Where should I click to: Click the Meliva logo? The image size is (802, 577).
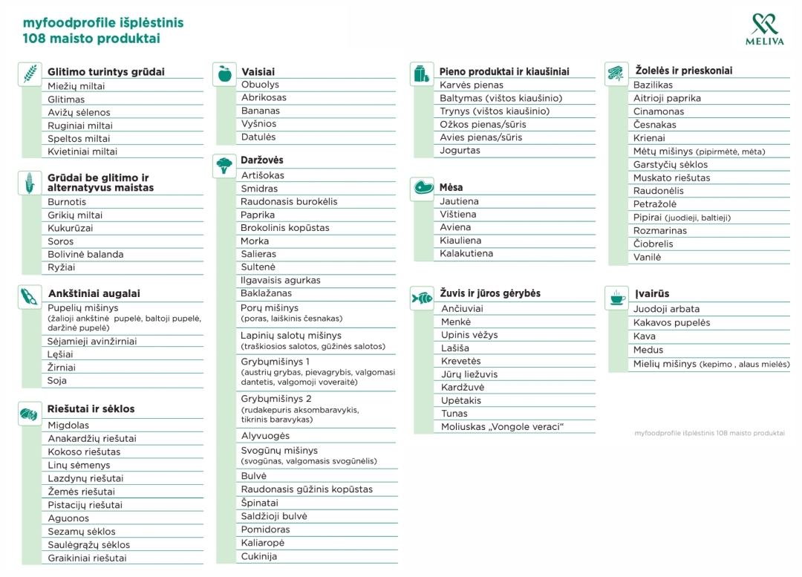tap(764, 29)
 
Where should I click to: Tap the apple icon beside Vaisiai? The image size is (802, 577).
tap(224, 74)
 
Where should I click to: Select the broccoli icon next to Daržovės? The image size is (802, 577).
tap(224, 165)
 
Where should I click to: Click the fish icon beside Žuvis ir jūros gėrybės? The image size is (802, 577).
tap(422, 298)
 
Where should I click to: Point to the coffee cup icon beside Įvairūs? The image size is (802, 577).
tap(616, 297)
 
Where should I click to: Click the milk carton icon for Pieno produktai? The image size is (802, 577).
tap(421, 74)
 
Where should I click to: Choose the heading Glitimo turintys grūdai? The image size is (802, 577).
tap(106, 72)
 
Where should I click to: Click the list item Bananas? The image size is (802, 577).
tap(260, 111)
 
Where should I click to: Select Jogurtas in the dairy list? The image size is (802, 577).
tap(460, 150)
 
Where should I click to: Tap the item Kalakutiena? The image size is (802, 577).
tap(466, 253)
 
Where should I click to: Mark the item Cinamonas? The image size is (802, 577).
tap(659, 111)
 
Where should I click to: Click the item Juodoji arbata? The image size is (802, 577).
tap(666, 309)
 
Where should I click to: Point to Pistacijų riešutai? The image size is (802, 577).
tap(85, 505)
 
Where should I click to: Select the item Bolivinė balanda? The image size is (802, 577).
tap(85, 254)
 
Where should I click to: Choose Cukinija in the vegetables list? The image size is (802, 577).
tap(258, 556)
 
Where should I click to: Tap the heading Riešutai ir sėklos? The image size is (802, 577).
tap(91, 409)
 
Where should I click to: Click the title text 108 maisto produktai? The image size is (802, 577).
tap(91, 39)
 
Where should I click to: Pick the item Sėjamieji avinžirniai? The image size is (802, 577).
tap(92, 342)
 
